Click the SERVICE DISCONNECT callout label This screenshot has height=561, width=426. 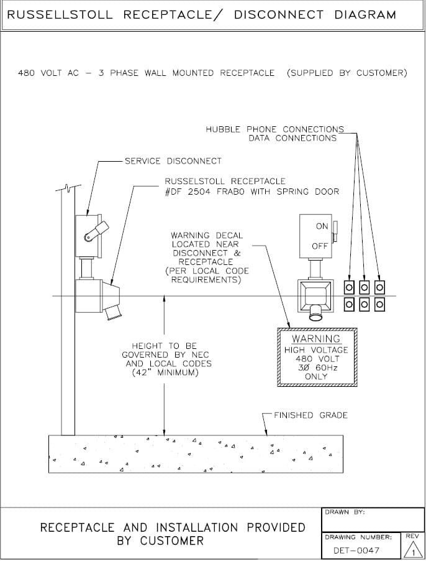(173, 161)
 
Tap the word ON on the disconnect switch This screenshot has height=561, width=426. (322, 226)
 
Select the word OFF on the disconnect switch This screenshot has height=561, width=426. (320, 246)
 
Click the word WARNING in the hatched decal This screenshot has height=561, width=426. (316, 339)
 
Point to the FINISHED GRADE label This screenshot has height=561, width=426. (310, 415)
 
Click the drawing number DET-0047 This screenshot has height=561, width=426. (356, 550)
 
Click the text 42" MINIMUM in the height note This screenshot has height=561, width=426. (165, 373)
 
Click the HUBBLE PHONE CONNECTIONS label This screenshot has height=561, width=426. (274, 129)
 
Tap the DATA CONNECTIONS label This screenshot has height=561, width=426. (292, 138)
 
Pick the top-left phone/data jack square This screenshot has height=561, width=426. (349, 287)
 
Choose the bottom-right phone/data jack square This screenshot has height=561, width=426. (379, 304)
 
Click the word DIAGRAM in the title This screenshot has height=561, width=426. (365, 14)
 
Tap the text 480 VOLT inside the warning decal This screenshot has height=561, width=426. (316, 359)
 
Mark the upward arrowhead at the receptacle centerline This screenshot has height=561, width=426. (164, 299)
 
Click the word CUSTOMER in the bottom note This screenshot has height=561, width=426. (171, 541)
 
